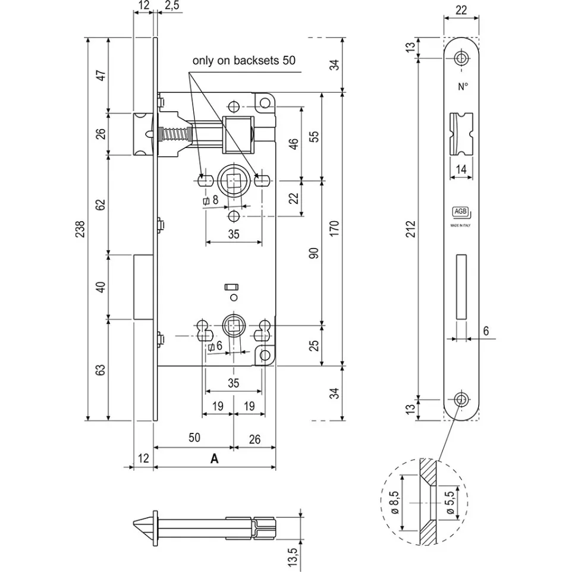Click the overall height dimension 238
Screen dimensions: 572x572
coord(80,229)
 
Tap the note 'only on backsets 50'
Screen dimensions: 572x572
coord(244,60)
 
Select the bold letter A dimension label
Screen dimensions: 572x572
coord(215,458)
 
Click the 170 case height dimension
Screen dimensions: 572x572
coord(334,228)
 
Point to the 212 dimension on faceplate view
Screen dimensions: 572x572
coord(411,229)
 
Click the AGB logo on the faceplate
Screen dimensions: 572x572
coord(460,212)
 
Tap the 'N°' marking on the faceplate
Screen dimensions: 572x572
coord(463,86)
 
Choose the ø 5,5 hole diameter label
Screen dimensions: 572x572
coord(450,502)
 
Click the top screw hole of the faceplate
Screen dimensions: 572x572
coord(461,58)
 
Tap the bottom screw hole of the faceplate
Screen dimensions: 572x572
coord(461,400)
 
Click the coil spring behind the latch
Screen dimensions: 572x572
coord(175,134)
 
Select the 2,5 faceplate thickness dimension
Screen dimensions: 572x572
coord(171,6)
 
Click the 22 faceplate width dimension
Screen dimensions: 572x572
coord(461,10)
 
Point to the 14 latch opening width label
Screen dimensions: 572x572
coord(461,169)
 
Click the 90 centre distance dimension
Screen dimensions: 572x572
coord(314,253)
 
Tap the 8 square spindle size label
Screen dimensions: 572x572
coord(215,200)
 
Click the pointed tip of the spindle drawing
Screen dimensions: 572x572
coord(134,525)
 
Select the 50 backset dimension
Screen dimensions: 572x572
coord(194,438)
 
